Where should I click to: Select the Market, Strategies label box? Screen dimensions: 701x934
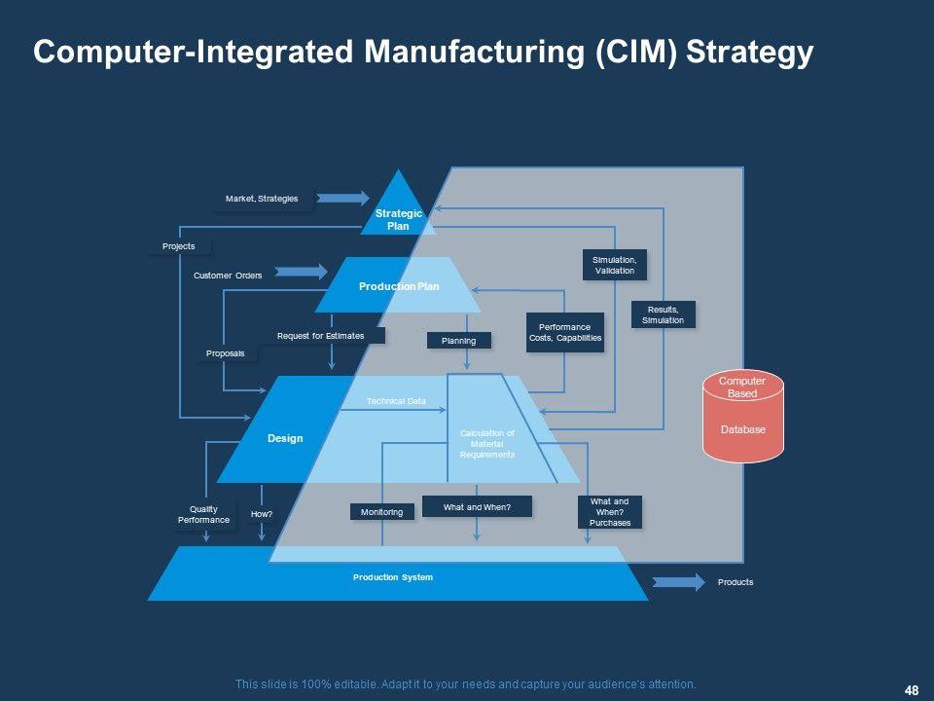(262, 199)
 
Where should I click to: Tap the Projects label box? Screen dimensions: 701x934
(179, 246)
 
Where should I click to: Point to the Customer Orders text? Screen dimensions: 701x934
(228, 276)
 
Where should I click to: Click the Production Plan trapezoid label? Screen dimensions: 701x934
(399, 286)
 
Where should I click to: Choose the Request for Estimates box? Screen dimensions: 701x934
(321, 336)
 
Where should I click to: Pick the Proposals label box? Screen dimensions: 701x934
(226, 352)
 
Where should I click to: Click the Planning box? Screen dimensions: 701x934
(458, 341)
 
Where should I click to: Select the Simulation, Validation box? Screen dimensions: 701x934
(615, 265)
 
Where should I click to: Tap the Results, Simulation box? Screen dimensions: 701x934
(664, 314)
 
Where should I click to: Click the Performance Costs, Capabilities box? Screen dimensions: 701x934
(564, 332)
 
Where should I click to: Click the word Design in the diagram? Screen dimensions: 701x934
(285, 438)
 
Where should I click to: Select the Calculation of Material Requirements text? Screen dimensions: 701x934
(486, 443)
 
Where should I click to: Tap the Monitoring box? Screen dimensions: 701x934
(382, 511)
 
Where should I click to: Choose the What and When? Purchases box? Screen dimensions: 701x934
(610, 512)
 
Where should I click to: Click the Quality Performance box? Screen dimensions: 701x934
(204, 515)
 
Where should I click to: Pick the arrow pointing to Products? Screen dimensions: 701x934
(677, 582)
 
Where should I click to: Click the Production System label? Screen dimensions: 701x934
(393, 577)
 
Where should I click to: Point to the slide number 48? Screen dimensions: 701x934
(912, 690)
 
